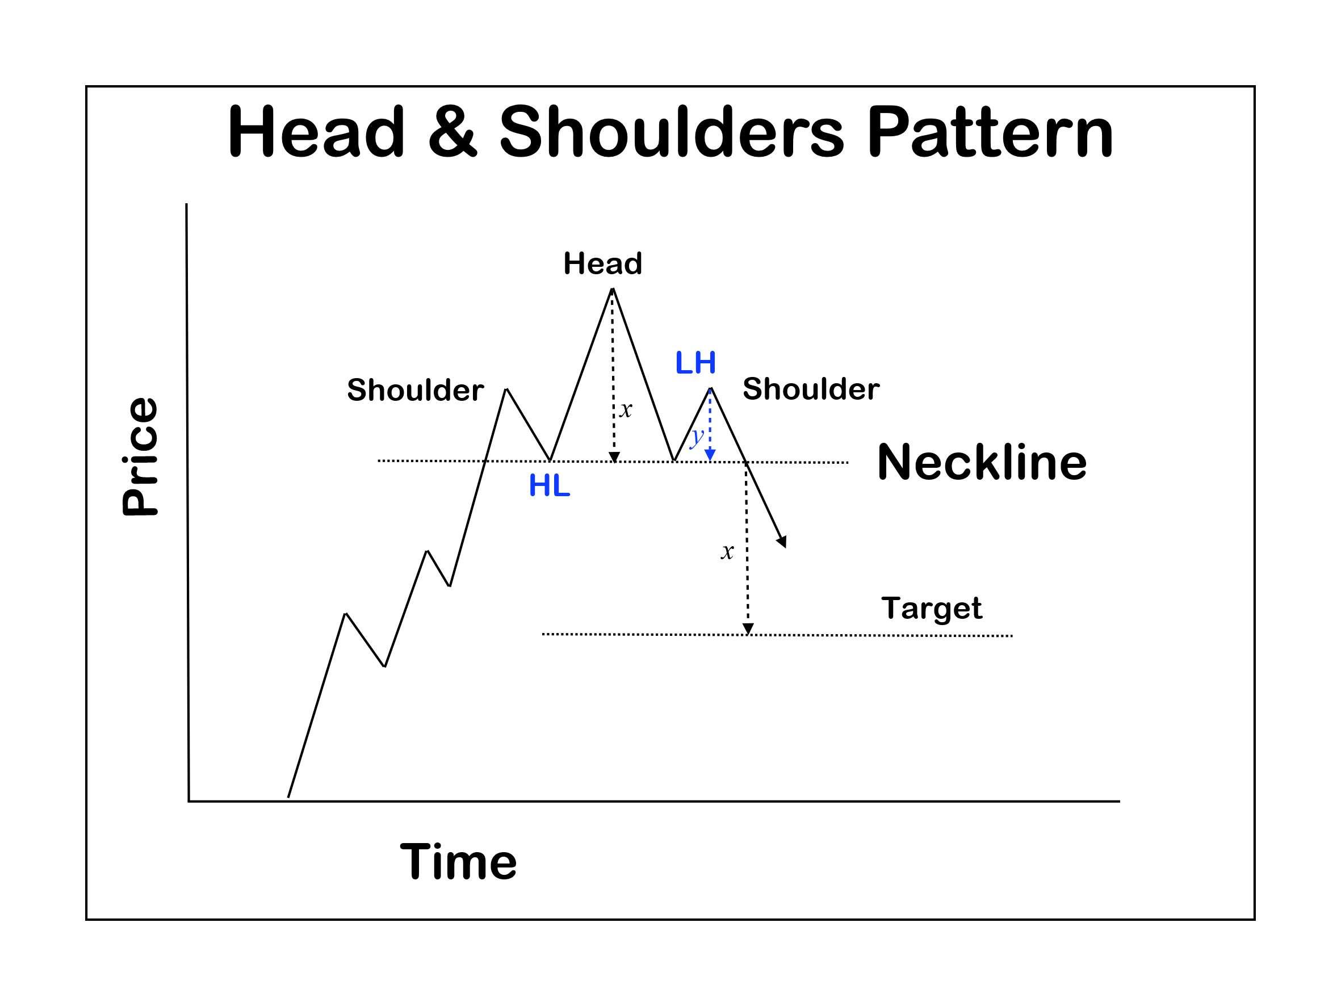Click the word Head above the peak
[x=602, y=264]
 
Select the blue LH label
[x=695, y=363]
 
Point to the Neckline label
[x=982, y=463]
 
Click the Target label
[x=931, y=608]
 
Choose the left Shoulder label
[x=415, y=390]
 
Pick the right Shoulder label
[x=811, y=389]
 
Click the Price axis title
[x=141, y=456]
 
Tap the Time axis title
[x=458, y=862]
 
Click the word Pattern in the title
[x=990, y=132]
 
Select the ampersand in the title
[x=452, y=132]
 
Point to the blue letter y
[x=697, y=436]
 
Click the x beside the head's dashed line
[x=626, y=410]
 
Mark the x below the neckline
[x=727, y=552]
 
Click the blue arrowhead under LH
[x=710, y=455]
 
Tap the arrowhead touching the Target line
[x=748, y=629]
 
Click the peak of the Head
[x=612, y=289]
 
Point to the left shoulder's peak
[x=506, y=389]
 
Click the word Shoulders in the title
[x=671, y=132]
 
